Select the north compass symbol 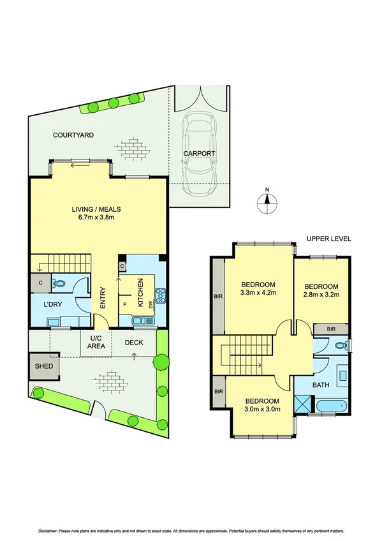tap(268, 202)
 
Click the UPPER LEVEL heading tap(328, 239)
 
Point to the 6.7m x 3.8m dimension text tap(96, 218)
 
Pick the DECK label tap(133, 343)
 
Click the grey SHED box tap(43, 366)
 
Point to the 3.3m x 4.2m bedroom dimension tap(258, 293)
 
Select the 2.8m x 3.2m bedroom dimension tap(320, 295)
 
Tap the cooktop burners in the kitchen tap(161, 297)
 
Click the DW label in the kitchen tap(151, 306)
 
